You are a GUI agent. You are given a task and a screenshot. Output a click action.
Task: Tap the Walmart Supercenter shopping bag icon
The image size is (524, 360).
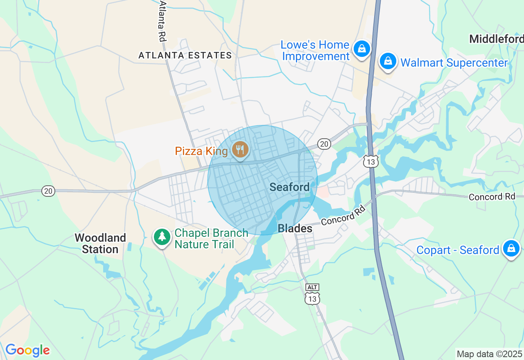388,62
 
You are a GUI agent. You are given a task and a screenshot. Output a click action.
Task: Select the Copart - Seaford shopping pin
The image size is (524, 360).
511,249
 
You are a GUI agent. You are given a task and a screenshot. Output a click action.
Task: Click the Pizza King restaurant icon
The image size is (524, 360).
240,150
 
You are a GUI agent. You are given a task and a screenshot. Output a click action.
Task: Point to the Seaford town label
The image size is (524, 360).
289,187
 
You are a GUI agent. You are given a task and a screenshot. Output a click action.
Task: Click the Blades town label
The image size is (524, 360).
295,229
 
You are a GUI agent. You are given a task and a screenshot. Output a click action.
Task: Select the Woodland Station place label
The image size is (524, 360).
100,243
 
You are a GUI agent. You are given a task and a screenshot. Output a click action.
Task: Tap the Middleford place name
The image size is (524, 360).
496,39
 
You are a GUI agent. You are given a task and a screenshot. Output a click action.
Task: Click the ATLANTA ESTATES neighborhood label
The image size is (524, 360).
185,55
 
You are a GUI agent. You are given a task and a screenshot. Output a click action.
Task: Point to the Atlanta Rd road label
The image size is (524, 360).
163,20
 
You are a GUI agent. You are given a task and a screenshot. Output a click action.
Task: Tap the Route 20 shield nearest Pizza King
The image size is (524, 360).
324,144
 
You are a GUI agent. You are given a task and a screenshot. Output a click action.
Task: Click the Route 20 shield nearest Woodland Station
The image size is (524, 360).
48,191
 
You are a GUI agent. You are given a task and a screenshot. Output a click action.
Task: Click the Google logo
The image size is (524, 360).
27,351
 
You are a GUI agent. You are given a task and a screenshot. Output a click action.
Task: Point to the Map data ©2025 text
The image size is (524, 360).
489,354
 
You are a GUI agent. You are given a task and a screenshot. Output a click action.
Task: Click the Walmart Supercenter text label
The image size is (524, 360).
454,63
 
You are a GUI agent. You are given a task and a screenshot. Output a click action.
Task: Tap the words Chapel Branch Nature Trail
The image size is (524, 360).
211,239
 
